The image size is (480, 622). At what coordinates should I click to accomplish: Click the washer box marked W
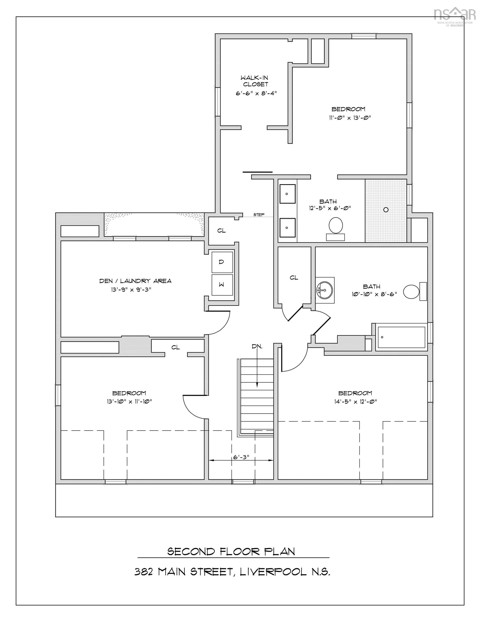[x=222, y=285]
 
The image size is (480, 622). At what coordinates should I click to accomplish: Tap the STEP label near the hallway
[x=259, y=215]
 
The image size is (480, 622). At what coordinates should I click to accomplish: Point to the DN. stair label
[x=257, y=347]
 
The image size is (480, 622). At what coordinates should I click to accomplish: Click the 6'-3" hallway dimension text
[x=241, y=457]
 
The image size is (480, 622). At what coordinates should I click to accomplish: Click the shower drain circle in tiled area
[x=386, y=209]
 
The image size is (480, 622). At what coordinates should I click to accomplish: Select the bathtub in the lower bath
[x=401, y=337]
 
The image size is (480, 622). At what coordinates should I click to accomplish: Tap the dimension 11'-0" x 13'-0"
[x=350, y=118]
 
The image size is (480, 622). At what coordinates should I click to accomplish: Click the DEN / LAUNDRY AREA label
[x=135, y=281]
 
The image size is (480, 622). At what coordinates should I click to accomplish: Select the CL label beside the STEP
[x=221, y=231]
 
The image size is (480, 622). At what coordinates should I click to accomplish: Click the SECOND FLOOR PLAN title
[x=231, y=552]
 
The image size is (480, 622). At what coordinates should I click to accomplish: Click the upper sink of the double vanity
[x=287, y=194]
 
